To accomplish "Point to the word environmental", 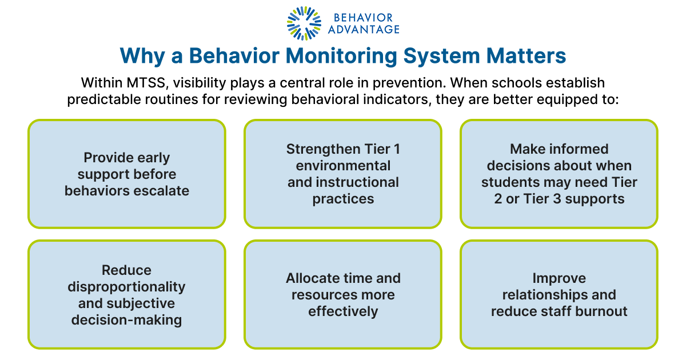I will [x=343, y=166].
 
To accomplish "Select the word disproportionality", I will [x=126, y=286].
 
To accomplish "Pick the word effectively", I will [x=343, y=311].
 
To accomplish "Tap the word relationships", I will [x=545, y=295].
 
